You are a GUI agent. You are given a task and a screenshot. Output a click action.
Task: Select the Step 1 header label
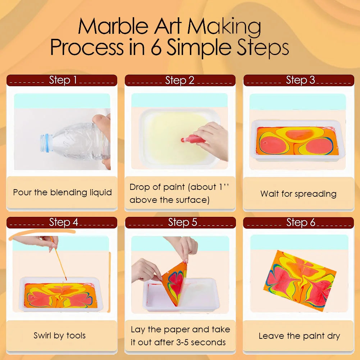click(63, 80)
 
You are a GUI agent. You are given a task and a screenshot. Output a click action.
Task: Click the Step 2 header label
click(180, 81)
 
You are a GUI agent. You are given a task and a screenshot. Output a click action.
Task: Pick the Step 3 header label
click(300, 80)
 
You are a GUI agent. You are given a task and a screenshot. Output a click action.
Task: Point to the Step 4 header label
click(63, 223)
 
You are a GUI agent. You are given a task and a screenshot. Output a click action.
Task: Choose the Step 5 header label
click(182, 223)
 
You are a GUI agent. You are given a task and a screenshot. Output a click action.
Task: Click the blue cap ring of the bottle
click(46, 141)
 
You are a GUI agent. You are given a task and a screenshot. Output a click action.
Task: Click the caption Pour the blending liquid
click(62, 192)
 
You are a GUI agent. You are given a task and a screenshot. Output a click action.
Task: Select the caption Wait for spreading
click(298, 194)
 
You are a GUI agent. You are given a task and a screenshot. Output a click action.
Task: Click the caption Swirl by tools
click(60, 336)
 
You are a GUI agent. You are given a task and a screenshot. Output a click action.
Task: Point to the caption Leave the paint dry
click(299, 336)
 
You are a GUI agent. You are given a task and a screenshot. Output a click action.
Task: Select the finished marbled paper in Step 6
click(301, 281)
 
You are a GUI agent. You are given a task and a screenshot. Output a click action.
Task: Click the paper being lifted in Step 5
click(175, 282)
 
